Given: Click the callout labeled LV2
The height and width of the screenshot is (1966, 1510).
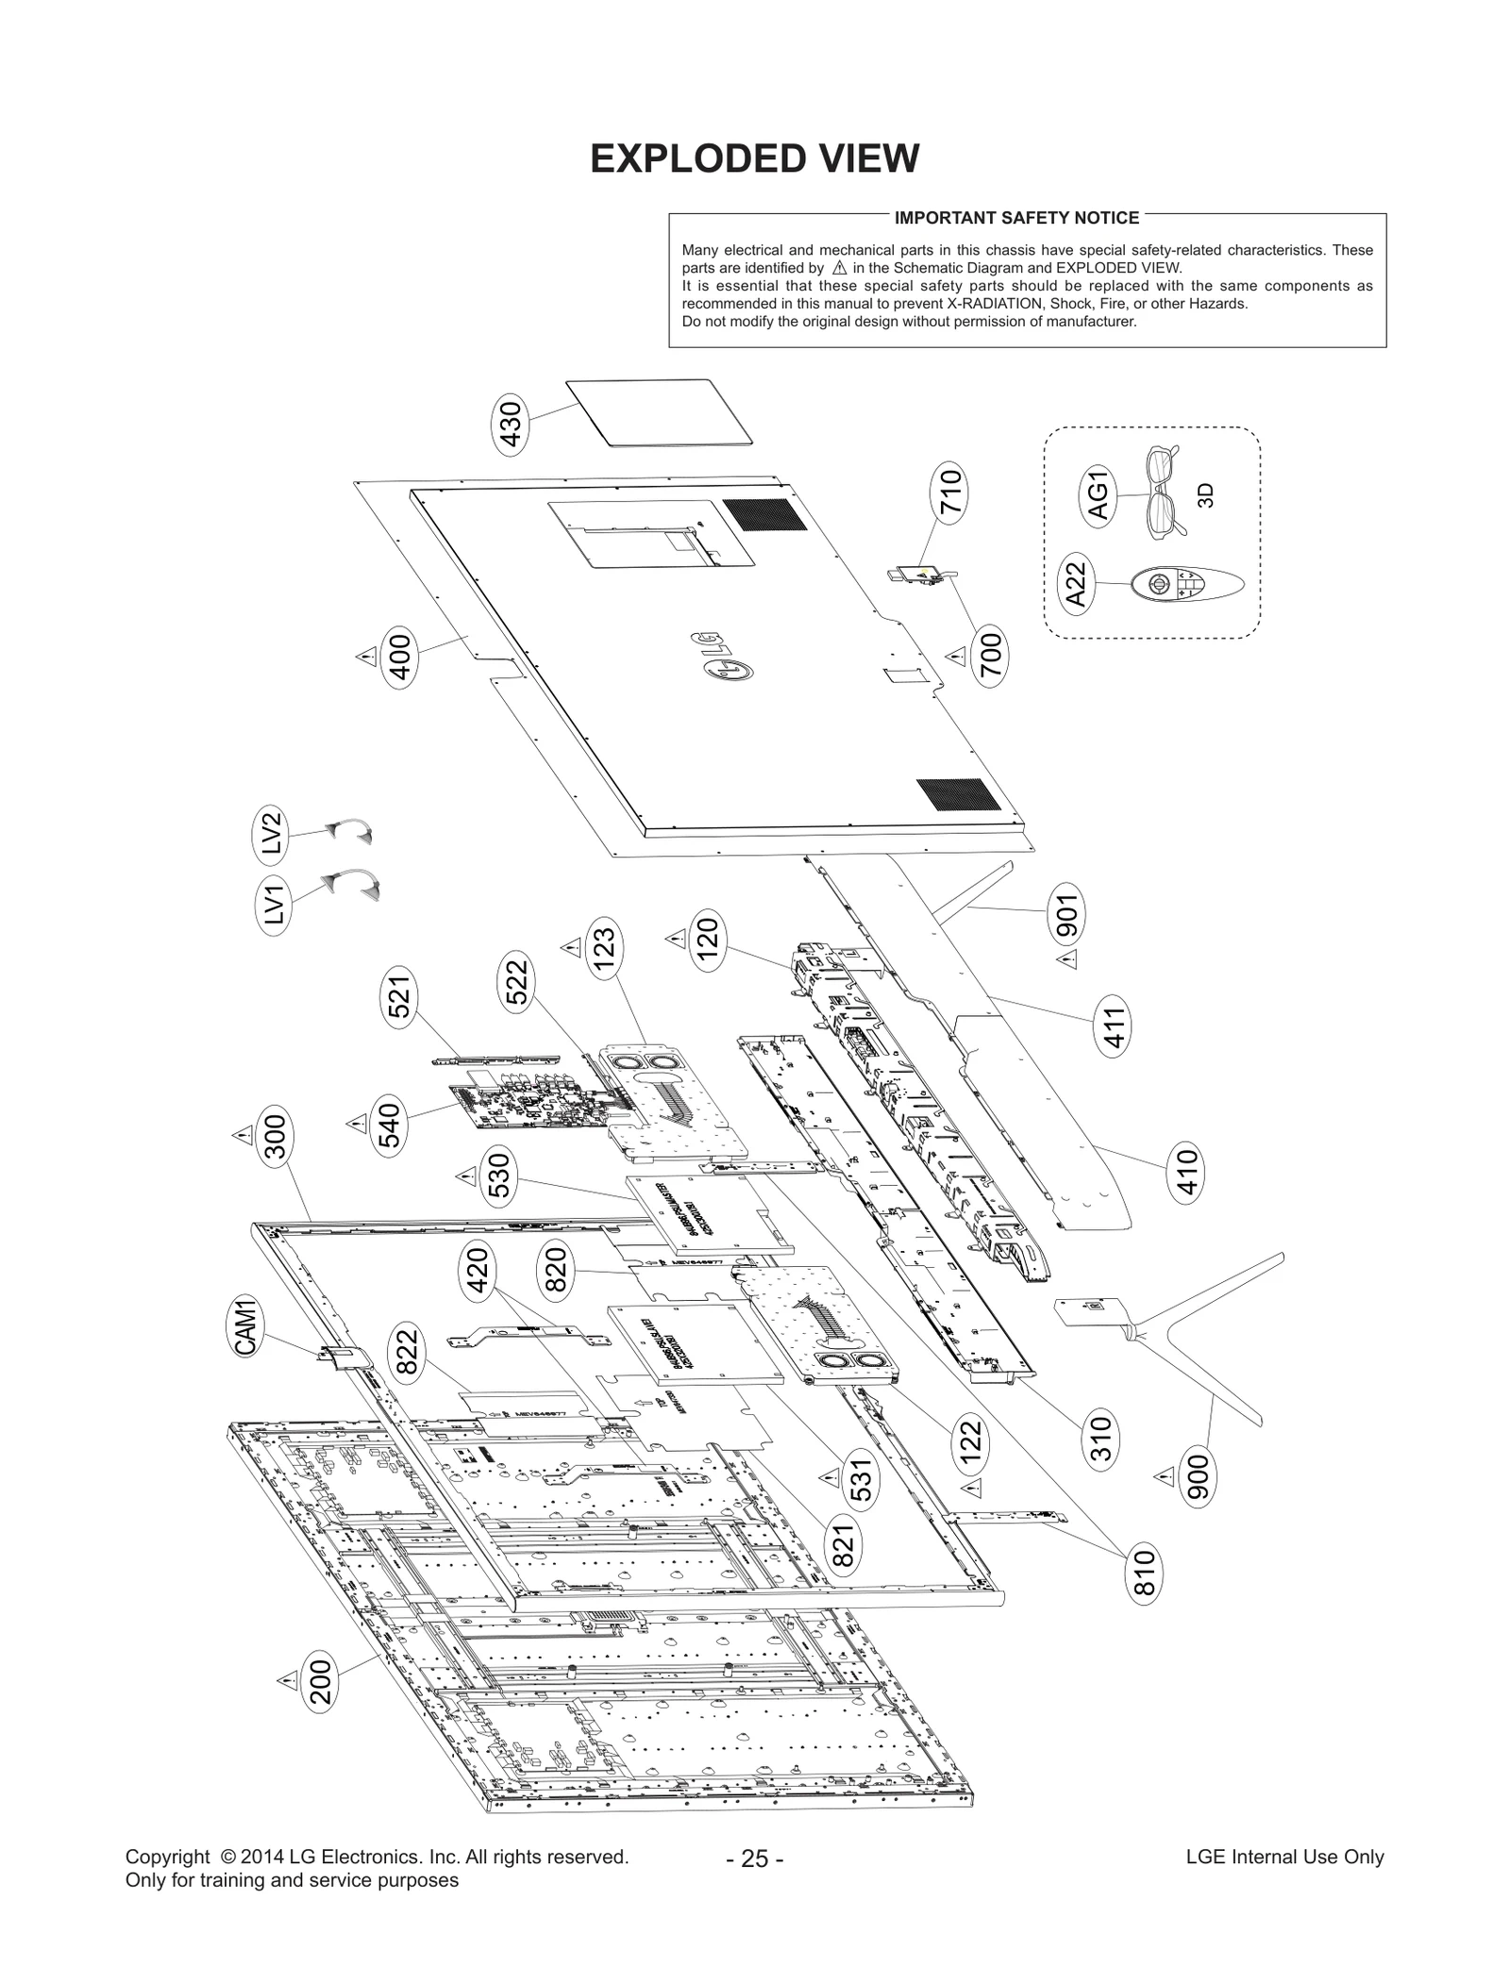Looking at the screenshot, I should tap(272, 835).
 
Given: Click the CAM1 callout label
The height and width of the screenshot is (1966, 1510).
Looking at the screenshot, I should tap(247, 1327).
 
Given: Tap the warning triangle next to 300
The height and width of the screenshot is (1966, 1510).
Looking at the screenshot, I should tap(243, 1134).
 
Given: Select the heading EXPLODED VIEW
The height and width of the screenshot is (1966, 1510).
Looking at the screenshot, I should tap(754, 158).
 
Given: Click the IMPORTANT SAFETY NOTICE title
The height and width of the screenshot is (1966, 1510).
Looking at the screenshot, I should tap(1016, 218).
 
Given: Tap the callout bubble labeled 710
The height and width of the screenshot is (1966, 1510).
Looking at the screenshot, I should tap(950, 492).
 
